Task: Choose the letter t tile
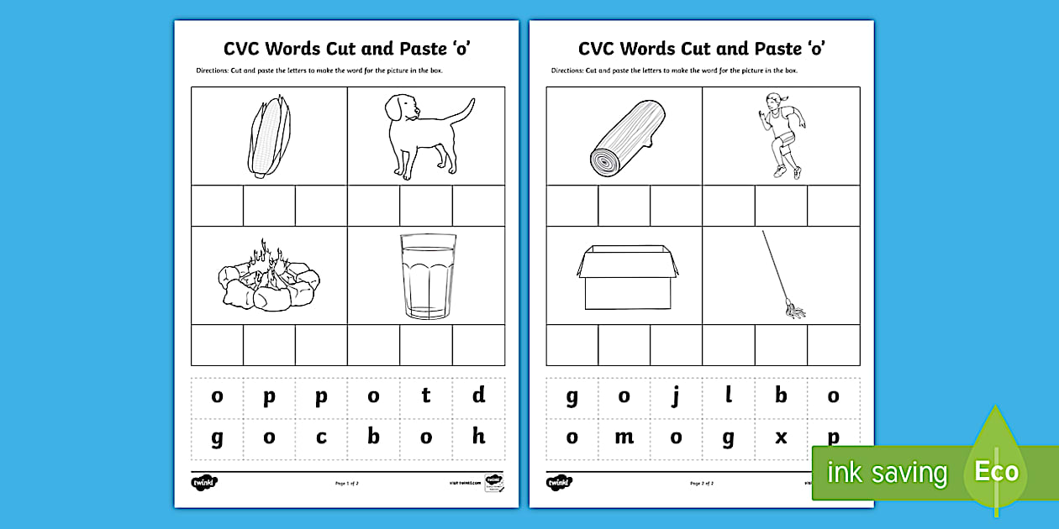[x=426, y=395]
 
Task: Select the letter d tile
[x=478, y=395]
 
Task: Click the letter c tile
[x=321, y=437]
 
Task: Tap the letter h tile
[x=478, y=437]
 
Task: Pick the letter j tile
[x=676, y=395]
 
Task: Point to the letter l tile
[x=729, y=395]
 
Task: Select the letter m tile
[x=624, y=437]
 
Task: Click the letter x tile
[x=781, y=437]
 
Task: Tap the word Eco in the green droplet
[x=996, y=471]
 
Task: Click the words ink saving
[x=886, y=473]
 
